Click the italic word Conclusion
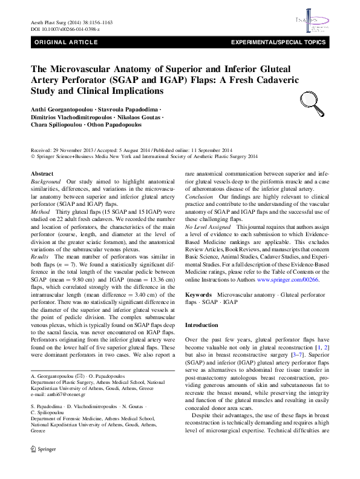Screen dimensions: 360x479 199,197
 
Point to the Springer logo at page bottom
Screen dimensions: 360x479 39,467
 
